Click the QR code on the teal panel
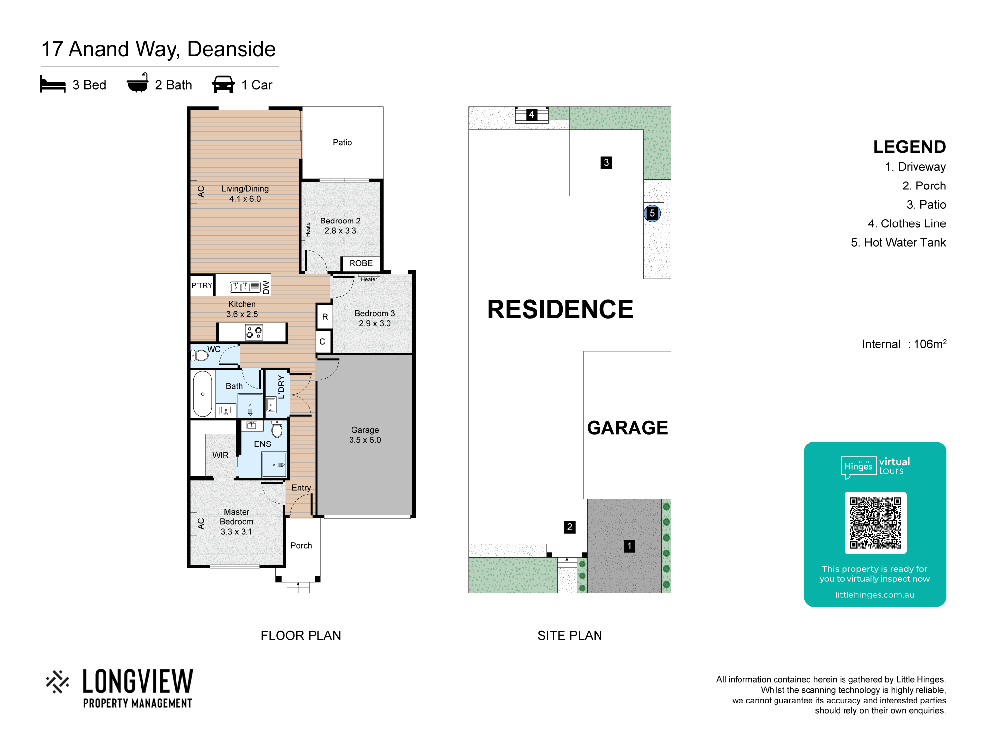tap(875, 522)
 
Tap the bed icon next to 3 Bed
tap(53, 84)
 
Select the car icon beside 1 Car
tap(223, 84)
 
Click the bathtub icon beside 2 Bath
tap(138, 83)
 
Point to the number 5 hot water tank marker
tap(652, 213)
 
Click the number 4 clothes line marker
tap(531, 115)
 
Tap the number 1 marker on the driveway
tap(629, 546)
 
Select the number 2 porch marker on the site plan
tap(570, 527)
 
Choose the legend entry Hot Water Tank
tap(898, 243)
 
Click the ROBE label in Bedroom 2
tap(361, 263)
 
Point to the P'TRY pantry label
tap(202, 285)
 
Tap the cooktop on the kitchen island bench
tap(254, 332)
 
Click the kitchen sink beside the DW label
tap(245, 286)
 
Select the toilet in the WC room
tap(199, 355)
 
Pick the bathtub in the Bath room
tap(203, 394)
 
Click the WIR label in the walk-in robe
tap(220, 455)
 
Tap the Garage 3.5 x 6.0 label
tap(365, 435)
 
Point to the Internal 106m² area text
tap(904, 344)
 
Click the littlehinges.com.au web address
tap(875, 595)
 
